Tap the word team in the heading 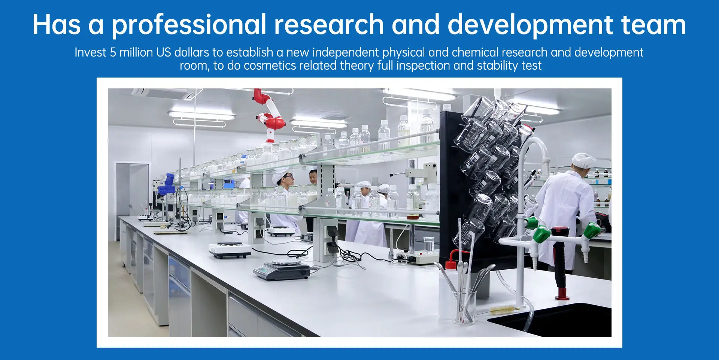coord(653,25)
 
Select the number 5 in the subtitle coord(113,52)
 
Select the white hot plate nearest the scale coord(230,250)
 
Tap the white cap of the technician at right coord(583,160)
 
